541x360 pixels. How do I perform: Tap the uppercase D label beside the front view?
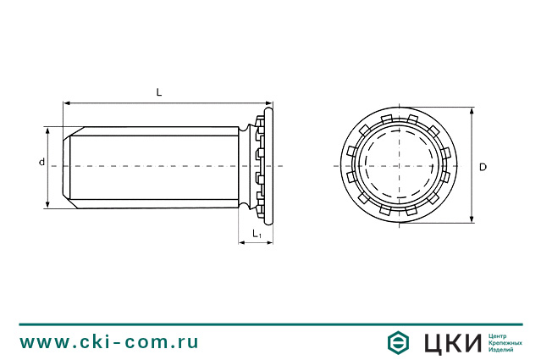[x=483, y=167]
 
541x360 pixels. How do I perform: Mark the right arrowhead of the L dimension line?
[x=269, y=103]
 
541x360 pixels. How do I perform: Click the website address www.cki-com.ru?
[x=109, y=341]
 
